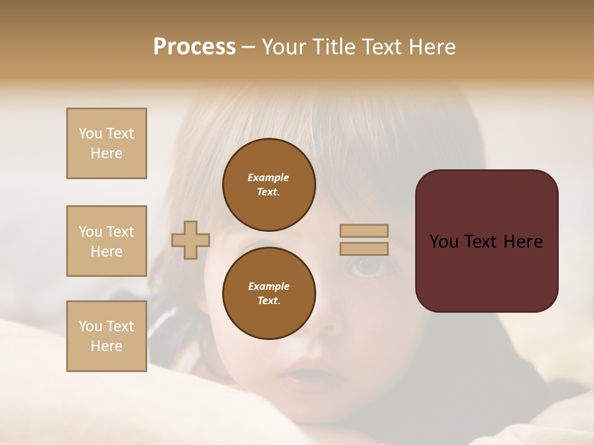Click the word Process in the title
194,47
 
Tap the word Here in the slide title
431,47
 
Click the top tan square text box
106,143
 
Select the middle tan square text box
106,241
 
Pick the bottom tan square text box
106,336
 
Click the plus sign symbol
191,240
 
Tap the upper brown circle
269,185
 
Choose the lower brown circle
269,294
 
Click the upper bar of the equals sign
364,231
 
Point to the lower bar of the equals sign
364,248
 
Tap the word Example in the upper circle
268,177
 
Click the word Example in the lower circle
269,286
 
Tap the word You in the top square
90,133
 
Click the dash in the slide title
248,48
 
